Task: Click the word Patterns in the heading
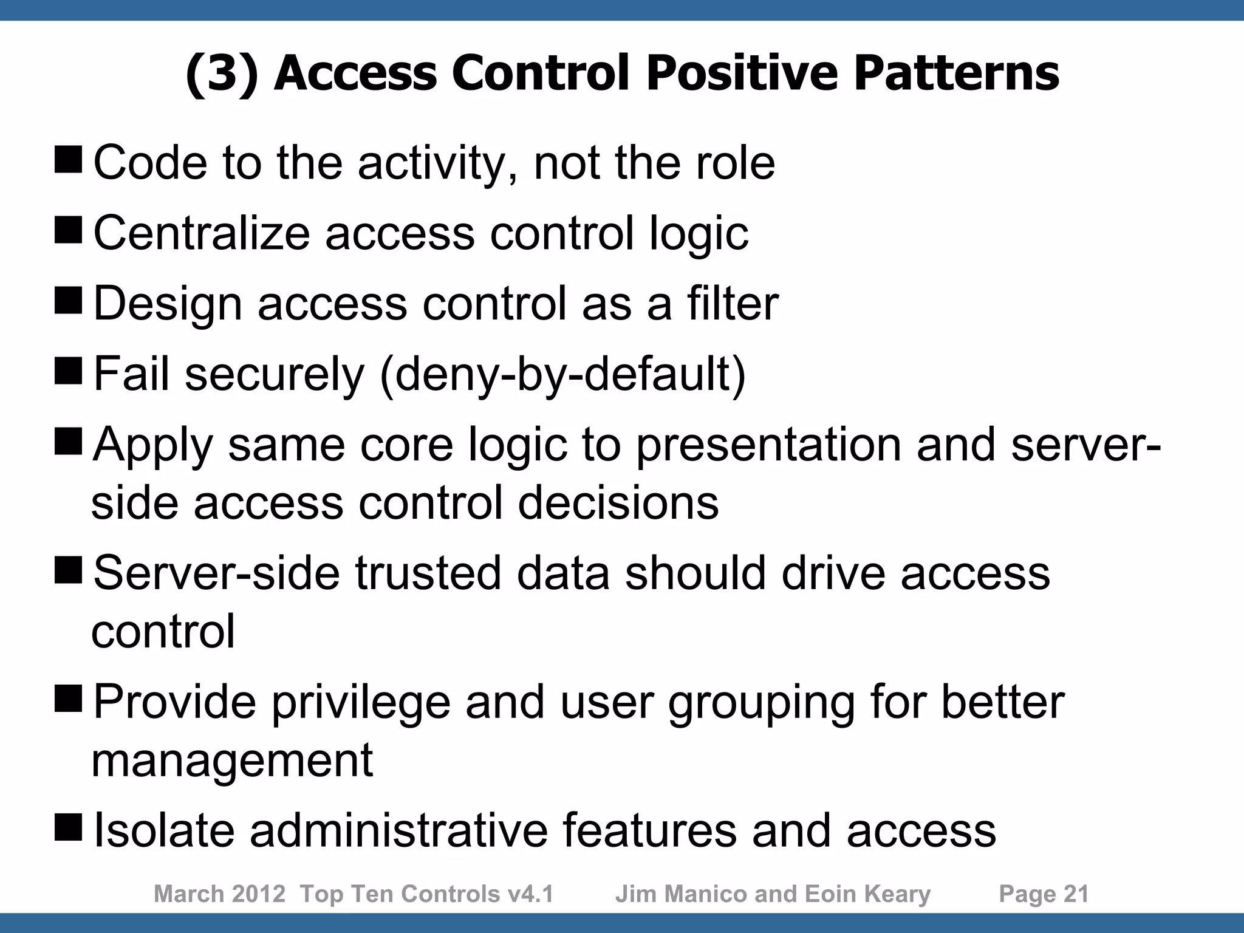pos(956,73)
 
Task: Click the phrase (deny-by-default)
pos(562,374)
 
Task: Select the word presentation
pos(769,445)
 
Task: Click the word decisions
pos(618,503)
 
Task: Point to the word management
pos(232,760)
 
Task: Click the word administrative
pos(398,830)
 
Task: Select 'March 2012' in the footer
pos(219,894)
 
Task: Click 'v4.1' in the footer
pos(531,894)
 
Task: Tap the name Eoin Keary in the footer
pos(867,894)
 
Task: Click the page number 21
pos(1076,894)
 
